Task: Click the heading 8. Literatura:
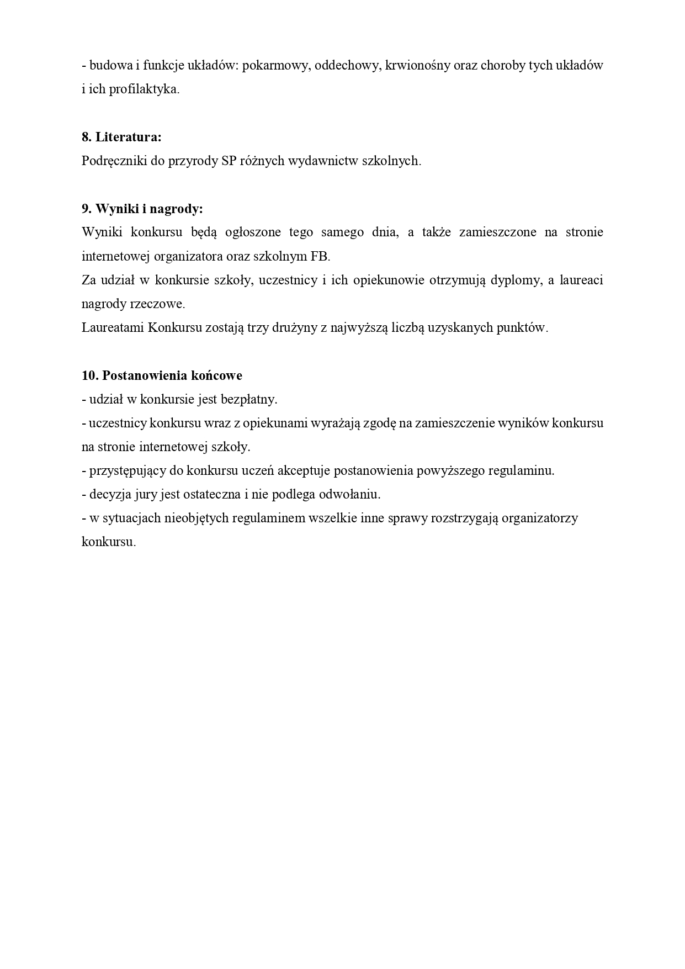(121, 137)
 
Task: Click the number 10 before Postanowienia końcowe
(89, 375)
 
